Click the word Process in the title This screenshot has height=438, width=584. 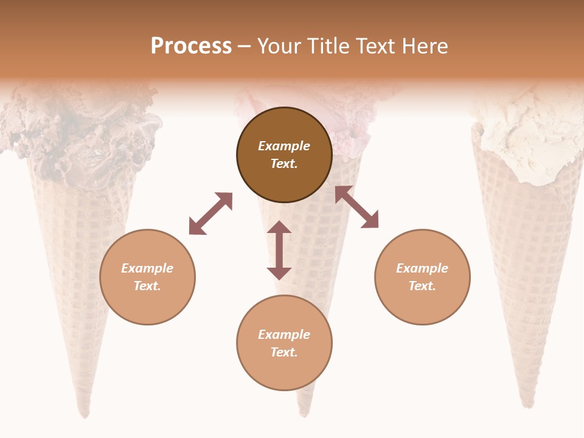(x=191, y=46)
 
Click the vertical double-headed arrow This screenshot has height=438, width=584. (x=279, y=250)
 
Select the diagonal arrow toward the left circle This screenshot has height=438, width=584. (x=210, y=214)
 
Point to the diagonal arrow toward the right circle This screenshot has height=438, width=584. (x=356, y=207)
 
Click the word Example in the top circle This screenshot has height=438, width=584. (x=284, y=146)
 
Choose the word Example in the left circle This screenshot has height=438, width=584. (x=147, y=268)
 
